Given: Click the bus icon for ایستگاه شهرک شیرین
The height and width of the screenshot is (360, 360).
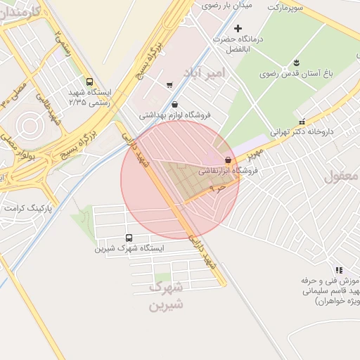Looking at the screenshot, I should click(129, 238).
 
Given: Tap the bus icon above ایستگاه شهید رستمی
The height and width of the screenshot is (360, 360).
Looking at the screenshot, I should click(89, 82).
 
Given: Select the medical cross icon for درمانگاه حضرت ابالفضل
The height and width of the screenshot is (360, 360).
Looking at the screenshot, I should click(238, 29).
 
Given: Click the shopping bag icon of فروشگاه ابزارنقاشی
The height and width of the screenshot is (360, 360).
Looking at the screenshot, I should click(228, 160).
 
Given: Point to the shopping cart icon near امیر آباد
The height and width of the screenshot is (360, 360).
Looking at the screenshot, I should click(169, 85).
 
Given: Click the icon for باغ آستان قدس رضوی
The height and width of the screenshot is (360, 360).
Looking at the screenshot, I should click(296, 62).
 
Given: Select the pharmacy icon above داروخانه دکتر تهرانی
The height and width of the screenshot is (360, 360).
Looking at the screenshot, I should click(302, 121).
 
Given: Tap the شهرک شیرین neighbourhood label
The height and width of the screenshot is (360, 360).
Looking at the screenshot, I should click(167, 296).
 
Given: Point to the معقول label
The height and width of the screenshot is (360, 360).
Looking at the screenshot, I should click(342, 176).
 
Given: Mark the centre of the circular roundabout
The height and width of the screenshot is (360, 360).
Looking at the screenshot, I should click(29, 125).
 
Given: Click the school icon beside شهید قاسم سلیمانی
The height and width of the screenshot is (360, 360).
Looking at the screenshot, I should click(339, 269).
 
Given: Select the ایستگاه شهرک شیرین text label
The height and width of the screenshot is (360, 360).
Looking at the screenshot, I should click(129, 248).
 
